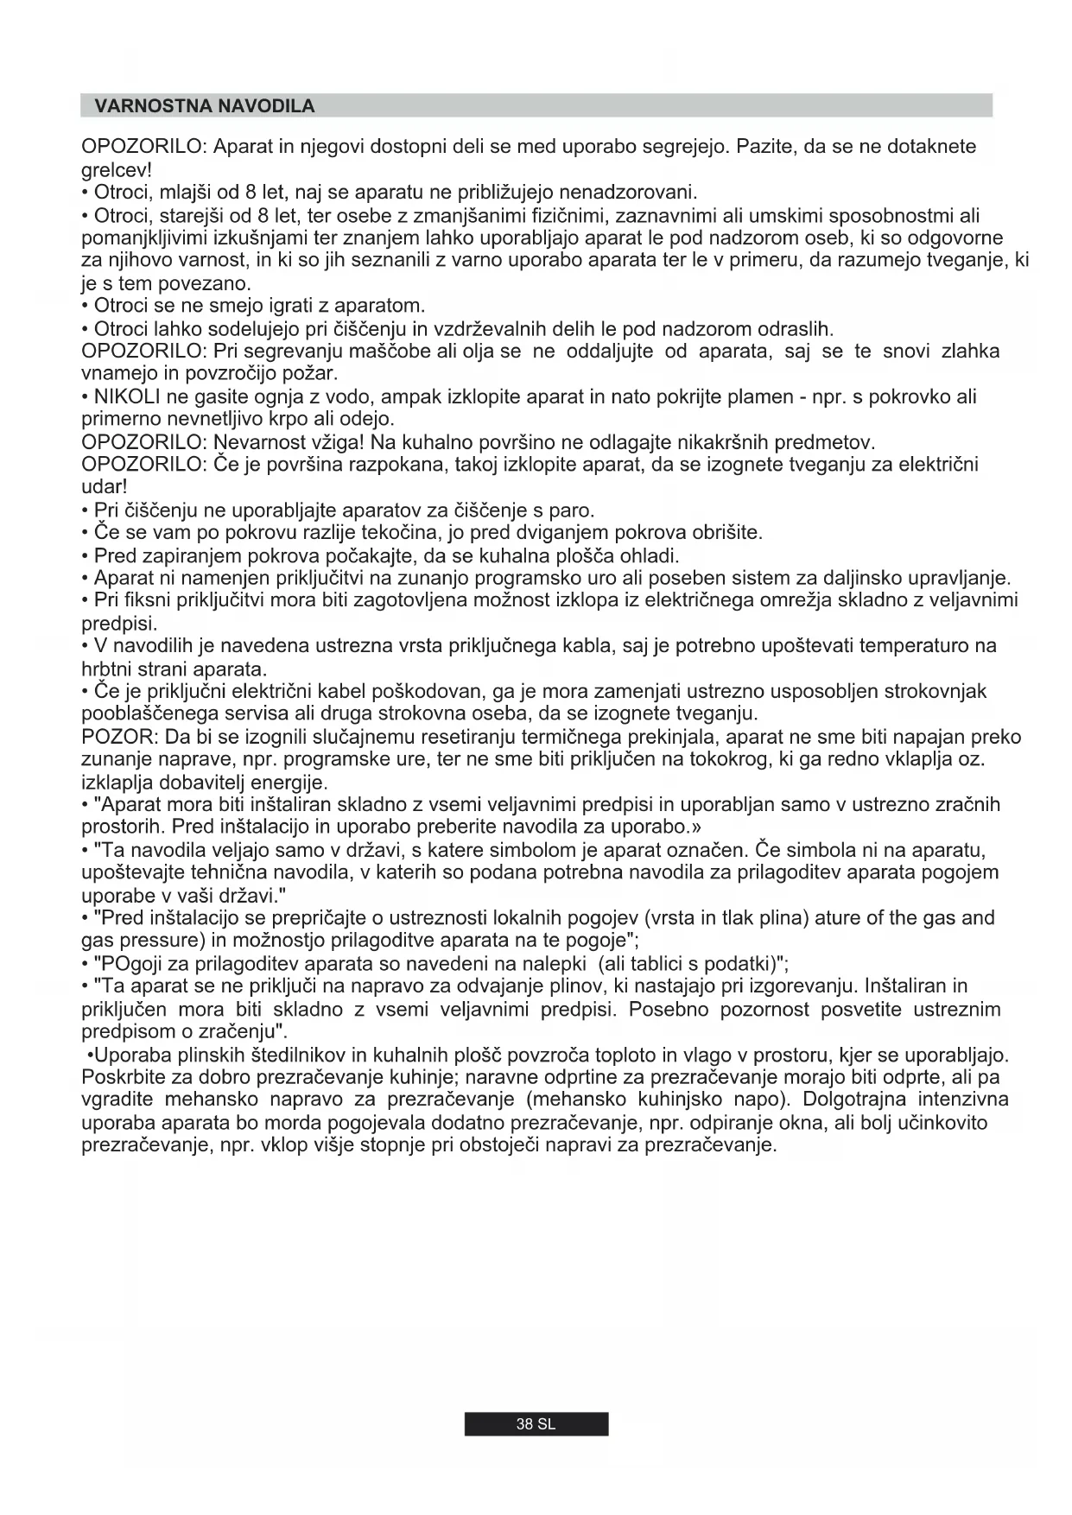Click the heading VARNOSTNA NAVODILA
coord(205,106)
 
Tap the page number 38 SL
coord(536,1424)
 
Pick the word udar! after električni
coord(104,487)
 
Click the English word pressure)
coord(152,941)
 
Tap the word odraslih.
coord(796,329)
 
